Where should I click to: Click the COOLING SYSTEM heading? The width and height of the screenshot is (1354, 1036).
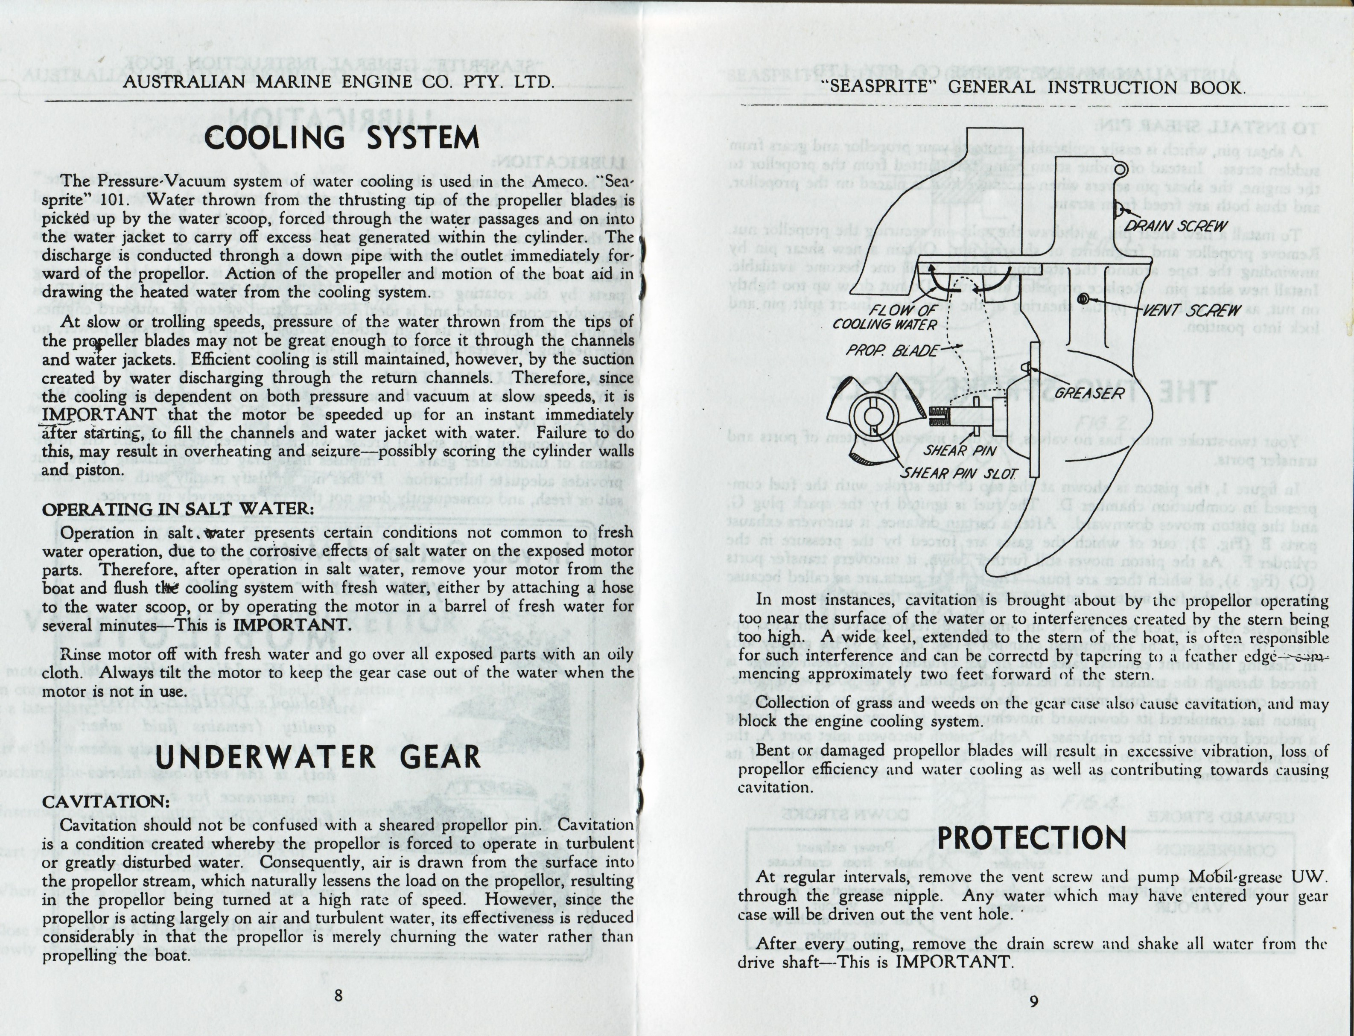click(x=341, y=137)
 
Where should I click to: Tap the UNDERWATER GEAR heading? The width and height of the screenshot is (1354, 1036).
click(x=318, y=757)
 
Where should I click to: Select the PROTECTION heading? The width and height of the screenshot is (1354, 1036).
click(x=1032, y=838)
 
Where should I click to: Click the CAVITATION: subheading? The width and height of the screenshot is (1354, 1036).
click(x=105, y=802)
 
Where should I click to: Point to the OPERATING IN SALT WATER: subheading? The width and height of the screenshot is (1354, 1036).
click(x=178, y=509)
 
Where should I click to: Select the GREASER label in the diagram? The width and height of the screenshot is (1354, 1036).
click(x=1089, y=393)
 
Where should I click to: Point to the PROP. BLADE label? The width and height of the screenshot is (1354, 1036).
click(x=893, y=351)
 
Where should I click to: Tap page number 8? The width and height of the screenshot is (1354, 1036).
click(x=338, y=995)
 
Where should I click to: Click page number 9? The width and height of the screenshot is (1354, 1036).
click(x=1033, y=1001)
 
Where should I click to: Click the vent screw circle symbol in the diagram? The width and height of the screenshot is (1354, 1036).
click(x=1082, y=299)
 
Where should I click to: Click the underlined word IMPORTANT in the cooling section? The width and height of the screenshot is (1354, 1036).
click(x=99, y=414)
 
